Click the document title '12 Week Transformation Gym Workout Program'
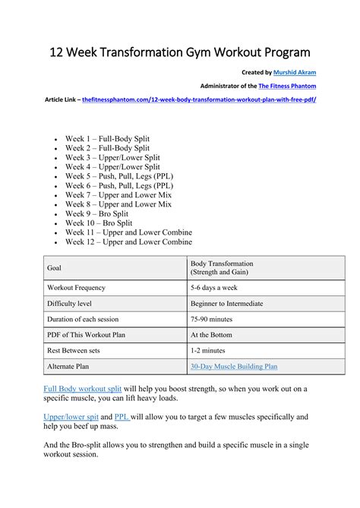click(180, 52)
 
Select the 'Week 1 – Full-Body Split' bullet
click(107, 139)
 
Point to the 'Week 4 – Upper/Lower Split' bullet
click(112, 166)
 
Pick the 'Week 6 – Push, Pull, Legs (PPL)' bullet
click(119, 185)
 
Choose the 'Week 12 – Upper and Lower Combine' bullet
click(128, 241)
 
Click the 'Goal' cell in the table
click(55, 268)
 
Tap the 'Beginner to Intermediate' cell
click(227, 304)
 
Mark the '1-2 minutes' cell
click(208, 350)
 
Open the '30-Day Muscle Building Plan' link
click(234, 366)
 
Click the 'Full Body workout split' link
click(82, 389)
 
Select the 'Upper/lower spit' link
click(72, 417)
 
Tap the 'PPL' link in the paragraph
click(122, 417)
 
